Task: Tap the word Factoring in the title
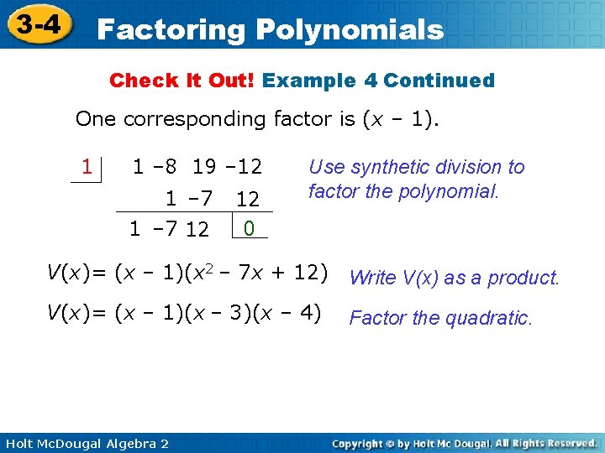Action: point(172,30)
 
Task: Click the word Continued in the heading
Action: point(439,81)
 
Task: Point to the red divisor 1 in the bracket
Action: point(87,167)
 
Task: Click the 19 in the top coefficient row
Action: point(204,167)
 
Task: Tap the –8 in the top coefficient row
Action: point(166,167)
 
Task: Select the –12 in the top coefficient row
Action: point(243,167)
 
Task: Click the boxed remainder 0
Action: point(248,227)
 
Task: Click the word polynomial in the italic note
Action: point(454,190)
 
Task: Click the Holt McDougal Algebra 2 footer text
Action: point(87,442)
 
